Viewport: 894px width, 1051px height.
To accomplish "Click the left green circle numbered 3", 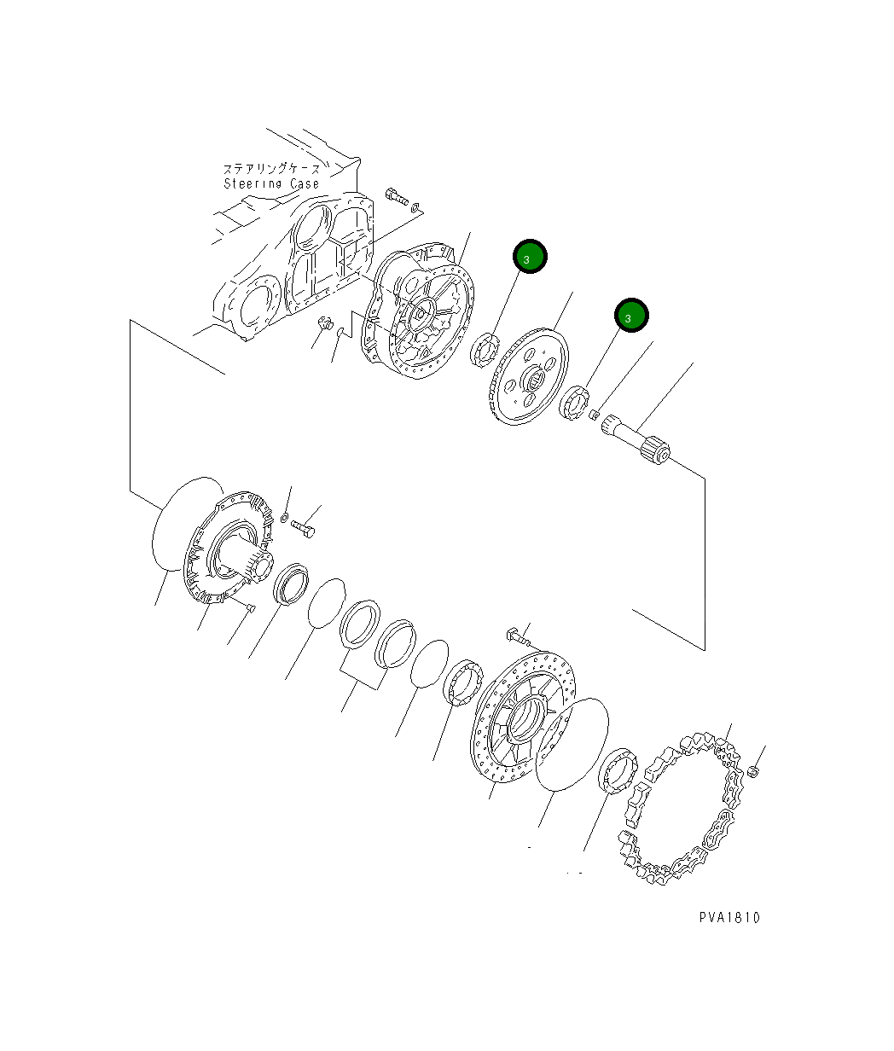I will tap(530, 257).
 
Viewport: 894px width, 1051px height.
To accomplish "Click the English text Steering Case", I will tap(271, 183).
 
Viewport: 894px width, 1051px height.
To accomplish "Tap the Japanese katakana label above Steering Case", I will tap(271, 169).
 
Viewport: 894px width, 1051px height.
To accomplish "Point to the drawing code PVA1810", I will tap(729, 918).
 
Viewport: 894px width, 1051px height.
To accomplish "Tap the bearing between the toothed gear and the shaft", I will tap(575, 401).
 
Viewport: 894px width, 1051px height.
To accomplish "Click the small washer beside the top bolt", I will tap(415, 206).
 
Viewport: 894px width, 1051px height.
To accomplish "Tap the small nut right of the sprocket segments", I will tap(753, 771).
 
